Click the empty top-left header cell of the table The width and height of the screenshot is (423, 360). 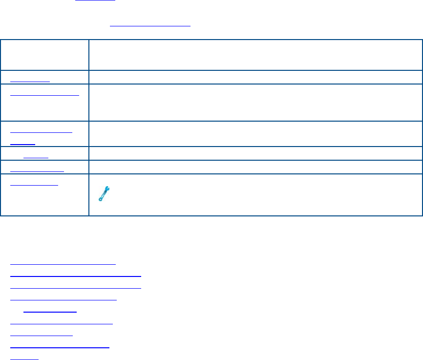pyautogui.click(x=44, y=55)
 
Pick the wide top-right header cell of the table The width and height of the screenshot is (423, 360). pyautogui.click(x=255, y=55)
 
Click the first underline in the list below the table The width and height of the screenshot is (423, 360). pyautogui.click(x=63, y=263)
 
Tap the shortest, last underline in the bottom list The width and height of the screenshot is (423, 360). pyautogui.click(x=24, y=359)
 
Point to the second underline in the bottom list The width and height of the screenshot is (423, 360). pyautogui.click(x=75, y=275)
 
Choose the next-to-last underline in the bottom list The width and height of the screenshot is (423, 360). pyautogui.click(x=59, y=347)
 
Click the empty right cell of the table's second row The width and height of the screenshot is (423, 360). pyautogui.click(x=255, y=78)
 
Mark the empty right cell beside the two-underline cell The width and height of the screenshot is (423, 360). pyautogui.click(x=255, y=133)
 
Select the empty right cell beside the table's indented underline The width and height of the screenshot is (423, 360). pyautogui.click(x=255, y=153)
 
